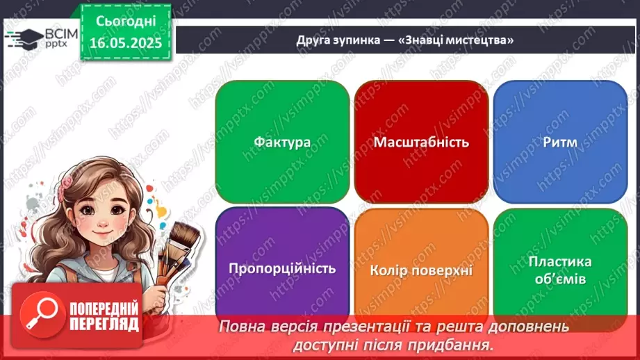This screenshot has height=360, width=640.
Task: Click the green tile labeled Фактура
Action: point(282,142)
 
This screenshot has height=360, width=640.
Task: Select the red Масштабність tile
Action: point(421,142)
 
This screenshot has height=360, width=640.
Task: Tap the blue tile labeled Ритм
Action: point(560,142)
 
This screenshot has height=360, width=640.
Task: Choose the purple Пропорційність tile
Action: point(282,268)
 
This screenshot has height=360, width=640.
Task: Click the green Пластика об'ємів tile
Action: point(560,270)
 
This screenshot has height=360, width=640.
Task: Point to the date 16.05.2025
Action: point(126,43)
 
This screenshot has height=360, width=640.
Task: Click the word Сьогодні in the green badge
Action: point(126,22)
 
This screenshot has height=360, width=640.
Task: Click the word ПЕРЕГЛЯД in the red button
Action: point(104,324)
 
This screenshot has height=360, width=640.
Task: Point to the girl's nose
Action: point(104,223)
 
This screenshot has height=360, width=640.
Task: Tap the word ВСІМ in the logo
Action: point(62,33)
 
